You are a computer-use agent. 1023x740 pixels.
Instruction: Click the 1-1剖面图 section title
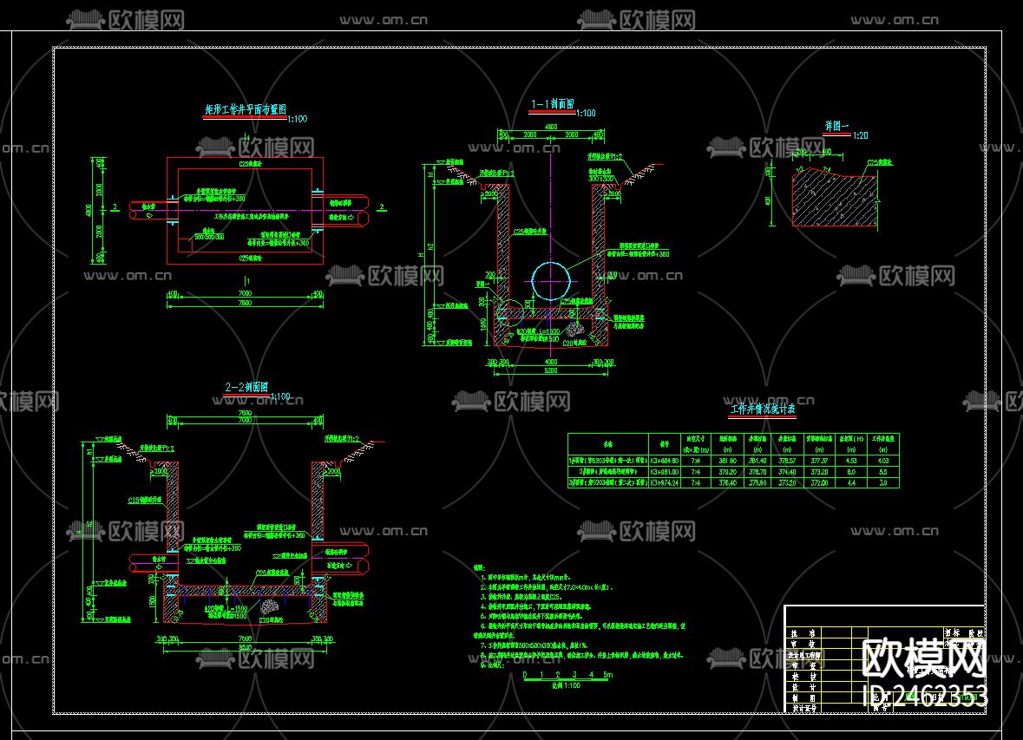click(x=552, y=103)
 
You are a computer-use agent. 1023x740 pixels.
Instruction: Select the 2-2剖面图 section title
click(x=246, y=387)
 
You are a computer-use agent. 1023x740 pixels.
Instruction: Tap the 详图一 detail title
click(x=837, y=126)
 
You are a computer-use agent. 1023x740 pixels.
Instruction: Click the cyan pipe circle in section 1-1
click(x=552, y=278)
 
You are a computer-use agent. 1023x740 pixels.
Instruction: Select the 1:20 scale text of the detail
click(x=861, y=135)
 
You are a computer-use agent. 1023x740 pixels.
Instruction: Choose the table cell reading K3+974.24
click(x=665, y=481)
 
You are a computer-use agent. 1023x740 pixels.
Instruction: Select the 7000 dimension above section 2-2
click(x=246, y=421)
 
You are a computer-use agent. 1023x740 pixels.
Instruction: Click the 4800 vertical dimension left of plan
click(x=95, y=210)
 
